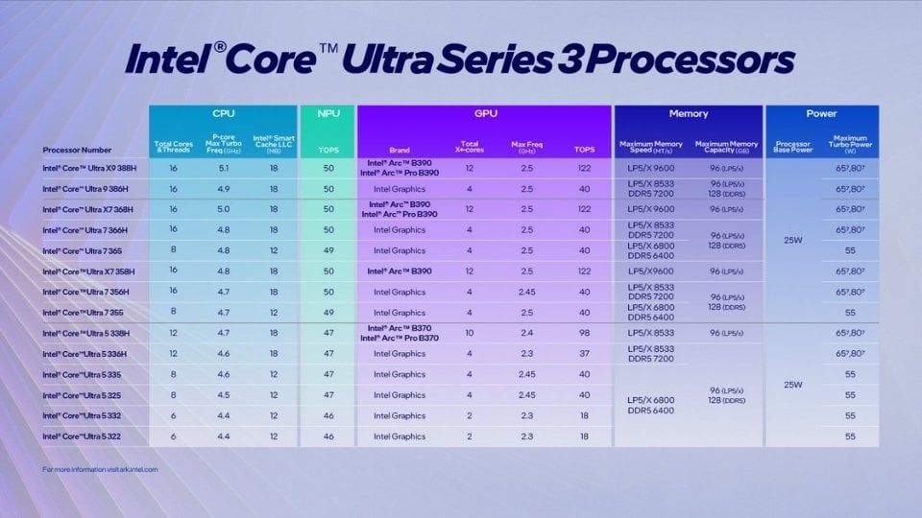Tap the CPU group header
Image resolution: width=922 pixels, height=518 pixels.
coord(223,113)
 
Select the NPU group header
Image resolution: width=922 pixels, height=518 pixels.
coord(328,113)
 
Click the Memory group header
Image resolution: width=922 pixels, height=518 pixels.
coord(688,113)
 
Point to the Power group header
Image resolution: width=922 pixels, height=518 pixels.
coord(821,113)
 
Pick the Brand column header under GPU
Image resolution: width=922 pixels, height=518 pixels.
coord(399,150)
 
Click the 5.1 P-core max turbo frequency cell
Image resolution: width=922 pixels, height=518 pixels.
coord(223,168)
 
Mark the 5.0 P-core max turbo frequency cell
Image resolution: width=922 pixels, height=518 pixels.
coord(223,209)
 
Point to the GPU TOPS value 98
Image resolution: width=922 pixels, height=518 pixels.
coord(584,333)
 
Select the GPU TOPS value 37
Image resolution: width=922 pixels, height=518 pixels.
coord(584,354)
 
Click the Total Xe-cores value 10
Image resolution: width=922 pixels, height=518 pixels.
coord(470,333)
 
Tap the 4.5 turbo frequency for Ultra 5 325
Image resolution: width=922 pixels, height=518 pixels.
coord(223,395)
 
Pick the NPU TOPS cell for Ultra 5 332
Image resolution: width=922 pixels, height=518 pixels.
coord(328,415)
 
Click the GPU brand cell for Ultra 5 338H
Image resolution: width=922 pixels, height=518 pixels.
coord(403,333)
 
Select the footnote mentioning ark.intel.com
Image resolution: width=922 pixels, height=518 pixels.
coord(100,469)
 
